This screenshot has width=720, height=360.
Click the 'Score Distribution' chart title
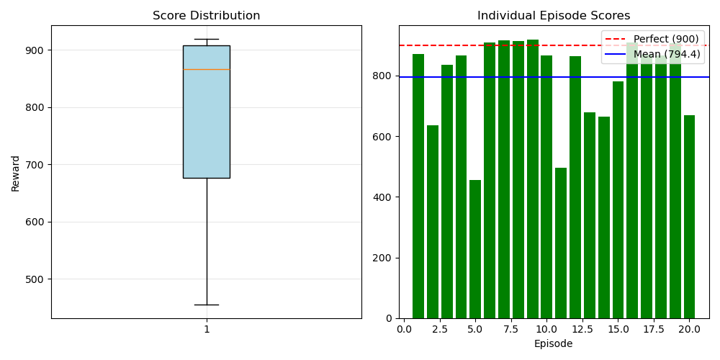206,16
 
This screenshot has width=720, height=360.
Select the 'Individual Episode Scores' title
554,16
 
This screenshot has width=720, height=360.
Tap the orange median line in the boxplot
206,69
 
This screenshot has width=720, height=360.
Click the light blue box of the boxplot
206,122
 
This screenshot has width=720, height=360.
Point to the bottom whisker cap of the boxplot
206,305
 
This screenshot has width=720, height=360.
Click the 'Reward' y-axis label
16,173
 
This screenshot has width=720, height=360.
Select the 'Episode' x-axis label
554,344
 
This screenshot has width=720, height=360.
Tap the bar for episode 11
561,243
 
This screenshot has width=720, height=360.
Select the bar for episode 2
433,222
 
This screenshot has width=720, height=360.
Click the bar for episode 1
418,186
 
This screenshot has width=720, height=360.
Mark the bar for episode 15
618,199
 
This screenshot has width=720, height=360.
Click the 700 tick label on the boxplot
35,165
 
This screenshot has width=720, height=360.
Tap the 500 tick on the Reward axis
35,279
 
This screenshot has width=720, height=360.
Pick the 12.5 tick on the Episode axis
582,330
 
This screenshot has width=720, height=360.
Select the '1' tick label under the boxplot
207,330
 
